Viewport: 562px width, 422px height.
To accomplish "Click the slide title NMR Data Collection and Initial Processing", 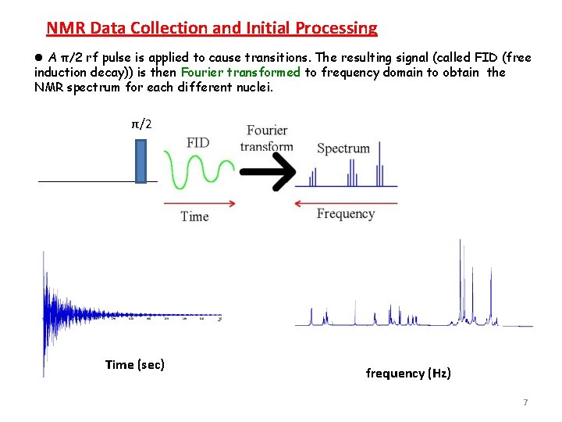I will coord(212,29).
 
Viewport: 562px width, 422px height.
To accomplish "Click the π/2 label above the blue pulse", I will coord(141,123).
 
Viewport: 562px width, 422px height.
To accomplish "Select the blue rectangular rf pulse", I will coord(140,161).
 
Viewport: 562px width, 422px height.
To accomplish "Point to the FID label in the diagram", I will coord(197,142).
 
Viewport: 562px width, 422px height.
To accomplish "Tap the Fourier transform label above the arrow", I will coord(267,138).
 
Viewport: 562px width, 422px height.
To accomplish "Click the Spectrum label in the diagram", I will coord(343,148).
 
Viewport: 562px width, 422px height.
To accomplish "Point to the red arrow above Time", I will coord(199,203).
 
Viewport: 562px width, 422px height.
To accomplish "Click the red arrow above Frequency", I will coord(346,203).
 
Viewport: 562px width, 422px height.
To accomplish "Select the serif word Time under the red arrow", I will coord(194,216).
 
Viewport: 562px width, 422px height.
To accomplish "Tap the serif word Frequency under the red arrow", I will coord(346,214).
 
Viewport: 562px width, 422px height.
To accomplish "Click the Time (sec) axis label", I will coord(134,364).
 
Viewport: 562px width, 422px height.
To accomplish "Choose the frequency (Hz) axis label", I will coord(408,374).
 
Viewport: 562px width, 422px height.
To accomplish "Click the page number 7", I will coord(525,402).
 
